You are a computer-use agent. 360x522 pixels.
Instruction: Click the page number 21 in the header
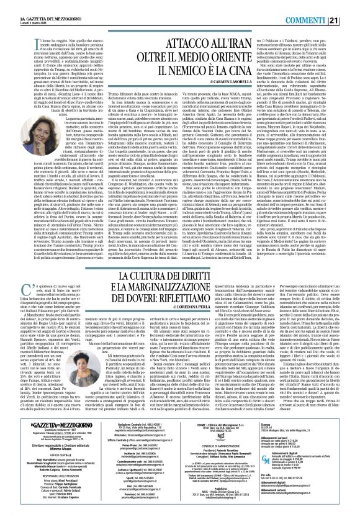[351, 5]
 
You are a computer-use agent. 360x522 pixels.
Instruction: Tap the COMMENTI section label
[325, 5]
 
